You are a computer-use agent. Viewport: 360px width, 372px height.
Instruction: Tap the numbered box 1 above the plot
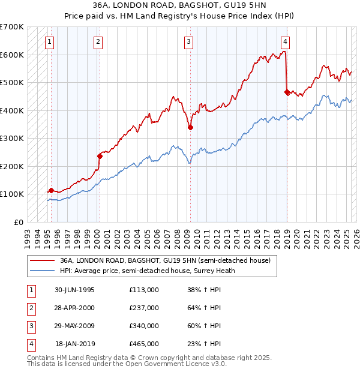(x=49, y=42)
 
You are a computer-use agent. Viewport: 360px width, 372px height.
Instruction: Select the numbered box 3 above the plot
(x=188, y=42)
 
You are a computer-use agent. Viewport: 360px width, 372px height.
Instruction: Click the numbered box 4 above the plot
(x=285, y=42)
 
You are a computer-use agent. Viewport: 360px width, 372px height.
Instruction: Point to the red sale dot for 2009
(x=190, y=127)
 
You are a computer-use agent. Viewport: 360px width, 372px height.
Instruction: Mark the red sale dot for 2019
(x=287, y=92)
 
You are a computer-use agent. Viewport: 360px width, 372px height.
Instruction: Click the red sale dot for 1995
(x=51, y=190)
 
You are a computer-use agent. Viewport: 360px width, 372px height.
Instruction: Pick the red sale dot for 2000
(x=100, y=156)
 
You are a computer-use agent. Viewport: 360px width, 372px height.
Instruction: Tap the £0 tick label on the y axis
(x=18, y=222)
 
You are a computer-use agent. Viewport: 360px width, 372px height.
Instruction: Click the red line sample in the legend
(x=42, y=261)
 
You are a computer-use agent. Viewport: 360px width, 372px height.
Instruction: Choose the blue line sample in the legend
(x=42, y=271)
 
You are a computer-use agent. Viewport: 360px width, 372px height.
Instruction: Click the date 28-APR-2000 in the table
(x=74, y=308)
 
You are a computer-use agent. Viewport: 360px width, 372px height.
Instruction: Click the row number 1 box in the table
(x=30, y=290)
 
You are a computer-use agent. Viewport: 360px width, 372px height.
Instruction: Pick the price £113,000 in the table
(x=144, y=290)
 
